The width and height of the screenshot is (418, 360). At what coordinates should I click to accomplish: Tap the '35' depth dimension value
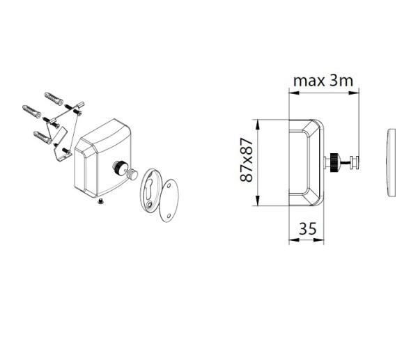tap(308, 228)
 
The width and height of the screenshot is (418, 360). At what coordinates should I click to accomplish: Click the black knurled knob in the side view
tap(335, 163)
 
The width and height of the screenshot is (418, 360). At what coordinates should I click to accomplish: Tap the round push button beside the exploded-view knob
tap(132, 175)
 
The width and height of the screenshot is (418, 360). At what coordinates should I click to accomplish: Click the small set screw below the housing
tap(100, 202)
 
